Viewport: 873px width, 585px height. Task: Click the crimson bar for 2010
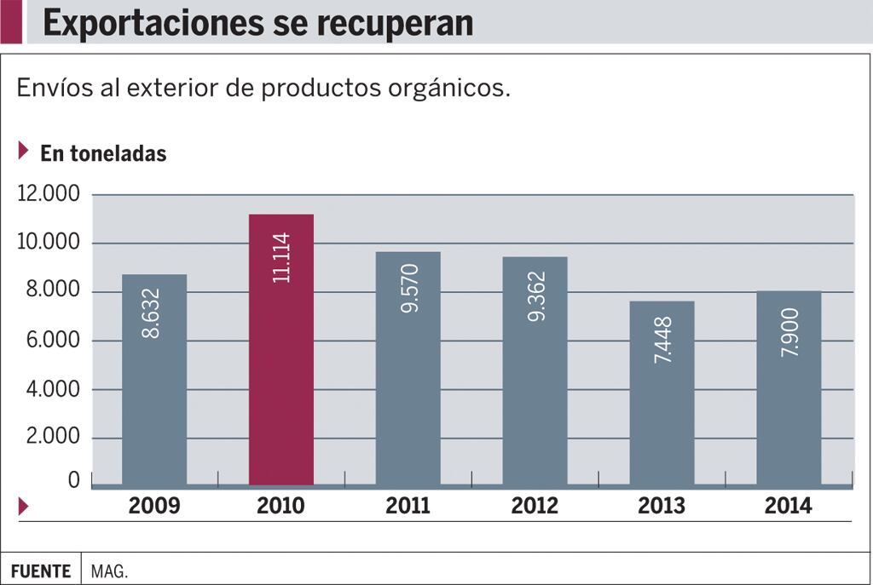pyautogui.click(x=281, y=349)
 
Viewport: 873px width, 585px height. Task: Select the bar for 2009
pyautogui.click(x=154, y=379)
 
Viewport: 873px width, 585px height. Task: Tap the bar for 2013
pyautogui.click(x=662, y=393)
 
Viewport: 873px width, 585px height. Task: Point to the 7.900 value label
pyautogui.click(x=789, y=333)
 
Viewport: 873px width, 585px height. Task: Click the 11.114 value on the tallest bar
pyautogui.click(x=281, y=257)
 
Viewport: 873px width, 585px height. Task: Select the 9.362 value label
pyautogui.click(x=535, y=296)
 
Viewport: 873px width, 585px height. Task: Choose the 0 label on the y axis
pyautogui.click(x=73, y=481)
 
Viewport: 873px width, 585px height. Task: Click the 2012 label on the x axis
pyautogui.click(x=535, y=506)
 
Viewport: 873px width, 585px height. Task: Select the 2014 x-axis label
pyautogui.click(x=789, y=506)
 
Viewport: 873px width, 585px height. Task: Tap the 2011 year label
pyautogui.click(x=408, y=506)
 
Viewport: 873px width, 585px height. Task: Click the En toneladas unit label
pyautogui.click(x=103, y=154)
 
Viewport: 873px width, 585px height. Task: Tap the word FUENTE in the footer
pyautogui.click(x=41, y=571)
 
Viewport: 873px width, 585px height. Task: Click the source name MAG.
pyautogui.click(x=110, y=571)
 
